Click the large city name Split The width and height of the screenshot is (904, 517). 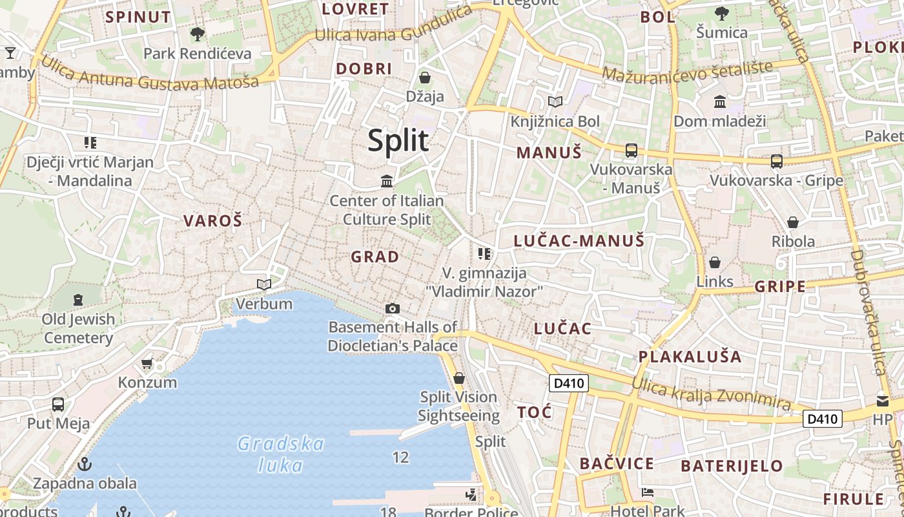tap(398, 140)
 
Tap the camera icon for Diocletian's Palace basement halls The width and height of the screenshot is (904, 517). tap(392, 309)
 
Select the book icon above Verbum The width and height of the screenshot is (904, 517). tap(263, 284)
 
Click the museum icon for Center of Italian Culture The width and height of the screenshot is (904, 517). tap(387, 181)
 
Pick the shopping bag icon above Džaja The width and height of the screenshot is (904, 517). tap(425, 78)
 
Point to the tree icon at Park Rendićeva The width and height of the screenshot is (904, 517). tap(198, 34)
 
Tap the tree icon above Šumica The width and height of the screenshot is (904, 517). tap(722, 13)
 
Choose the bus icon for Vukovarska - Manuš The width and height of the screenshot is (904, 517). tap(631, 151)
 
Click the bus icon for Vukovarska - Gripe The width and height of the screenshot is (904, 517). tap(776, 161)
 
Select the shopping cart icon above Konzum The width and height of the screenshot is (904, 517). tap(147, 363)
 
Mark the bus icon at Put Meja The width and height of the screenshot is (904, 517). tap(58, 405)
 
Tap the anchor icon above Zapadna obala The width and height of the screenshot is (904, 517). tap(84, 464)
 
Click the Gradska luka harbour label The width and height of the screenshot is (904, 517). tap(281, 454)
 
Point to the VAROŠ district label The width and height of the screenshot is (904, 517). tap(212, 221)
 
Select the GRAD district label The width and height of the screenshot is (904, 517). tap(375, 257)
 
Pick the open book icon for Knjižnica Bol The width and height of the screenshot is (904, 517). tap(555, 101)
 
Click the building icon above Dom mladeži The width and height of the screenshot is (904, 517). tap(719, 101)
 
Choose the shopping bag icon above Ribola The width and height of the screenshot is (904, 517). tap(793, 222)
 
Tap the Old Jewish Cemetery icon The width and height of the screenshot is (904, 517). tap(78, 299)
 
